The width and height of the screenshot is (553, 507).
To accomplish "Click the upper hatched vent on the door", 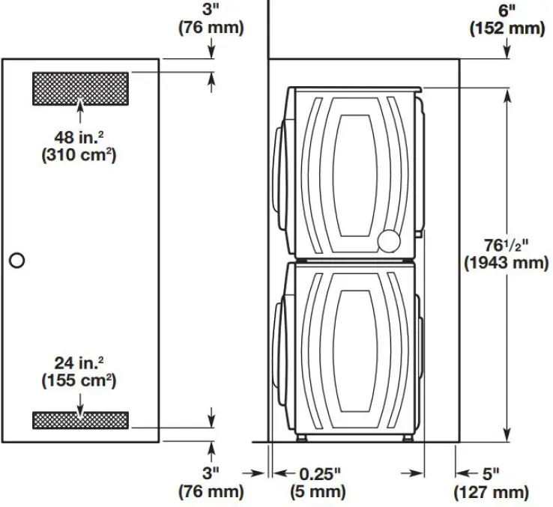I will [x=80, y=88].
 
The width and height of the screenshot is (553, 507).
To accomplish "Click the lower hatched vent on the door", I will [x=80, y=419].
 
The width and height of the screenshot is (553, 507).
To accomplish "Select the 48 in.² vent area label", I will [x=79, y=138].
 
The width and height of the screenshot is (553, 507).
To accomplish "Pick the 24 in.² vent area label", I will [x=79, y=362].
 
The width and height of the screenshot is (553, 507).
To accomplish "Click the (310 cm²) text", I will [x=79, y=157].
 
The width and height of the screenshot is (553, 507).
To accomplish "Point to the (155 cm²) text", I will [x=79, y=380].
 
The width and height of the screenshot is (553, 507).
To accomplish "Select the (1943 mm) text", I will [x=506, y=264].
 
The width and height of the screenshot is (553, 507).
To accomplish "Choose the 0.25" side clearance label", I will [x=320, y=473].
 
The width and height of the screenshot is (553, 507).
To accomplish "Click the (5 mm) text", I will [x=318, y=492].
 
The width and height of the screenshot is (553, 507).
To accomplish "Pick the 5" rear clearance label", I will [x=491, y=473].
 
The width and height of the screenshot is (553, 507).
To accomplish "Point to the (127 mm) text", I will [x=491, y=492].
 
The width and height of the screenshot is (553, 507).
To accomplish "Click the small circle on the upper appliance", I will [x=390, y=241].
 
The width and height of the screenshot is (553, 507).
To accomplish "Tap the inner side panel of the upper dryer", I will [x=353, y=171].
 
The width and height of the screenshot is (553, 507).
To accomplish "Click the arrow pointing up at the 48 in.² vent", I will [x=80, y=112].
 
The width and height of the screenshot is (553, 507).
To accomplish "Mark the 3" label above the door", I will [x=211, y=10].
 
